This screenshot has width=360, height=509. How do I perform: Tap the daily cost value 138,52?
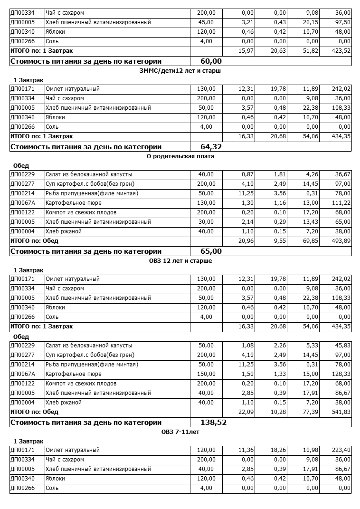coord(209,423)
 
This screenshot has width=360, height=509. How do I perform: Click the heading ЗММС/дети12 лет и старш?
coord(180,71)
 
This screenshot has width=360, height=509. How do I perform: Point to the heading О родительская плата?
coord(180,156)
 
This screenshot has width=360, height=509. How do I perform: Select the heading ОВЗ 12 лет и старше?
coord(180,261)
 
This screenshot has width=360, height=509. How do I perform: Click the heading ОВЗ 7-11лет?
coord(180,432)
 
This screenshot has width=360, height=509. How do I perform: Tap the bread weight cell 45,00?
coord(206,22)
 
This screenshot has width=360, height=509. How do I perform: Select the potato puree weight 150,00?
coord(206,374)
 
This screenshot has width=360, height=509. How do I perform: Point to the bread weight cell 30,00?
coord(206,222)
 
